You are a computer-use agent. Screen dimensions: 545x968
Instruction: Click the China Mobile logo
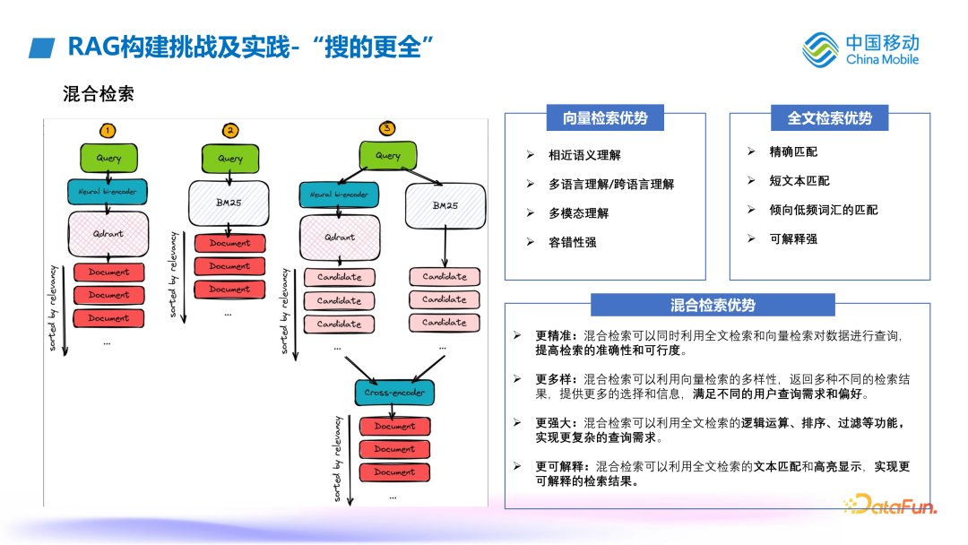860,49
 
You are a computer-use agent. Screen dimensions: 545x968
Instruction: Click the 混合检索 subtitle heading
99,94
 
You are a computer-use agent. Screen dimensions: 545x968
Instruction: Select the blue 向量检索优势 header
605,117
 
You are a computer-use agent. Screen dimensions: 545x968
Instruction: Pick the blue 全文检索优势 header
829,117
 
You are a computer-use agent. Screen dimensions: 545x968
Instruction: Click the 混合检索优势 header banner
713,306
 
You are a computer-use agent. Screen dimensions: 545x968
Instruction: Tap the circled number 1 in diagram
108,131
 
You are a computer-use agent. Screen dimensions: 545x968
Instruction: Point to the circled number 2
230,131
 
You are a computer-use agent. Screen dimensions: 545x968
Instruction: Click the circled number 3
387,128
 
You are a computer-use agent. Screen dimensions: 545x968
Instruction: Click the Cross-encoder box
394,393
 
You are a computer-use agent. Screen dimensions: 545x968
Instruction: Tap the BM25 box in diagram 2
229,203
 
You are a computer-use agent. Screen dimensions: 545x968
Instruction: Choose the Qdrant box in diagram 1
108,233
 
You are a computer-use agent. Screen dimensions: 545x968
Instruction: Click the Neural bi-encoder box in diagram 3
337,194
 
